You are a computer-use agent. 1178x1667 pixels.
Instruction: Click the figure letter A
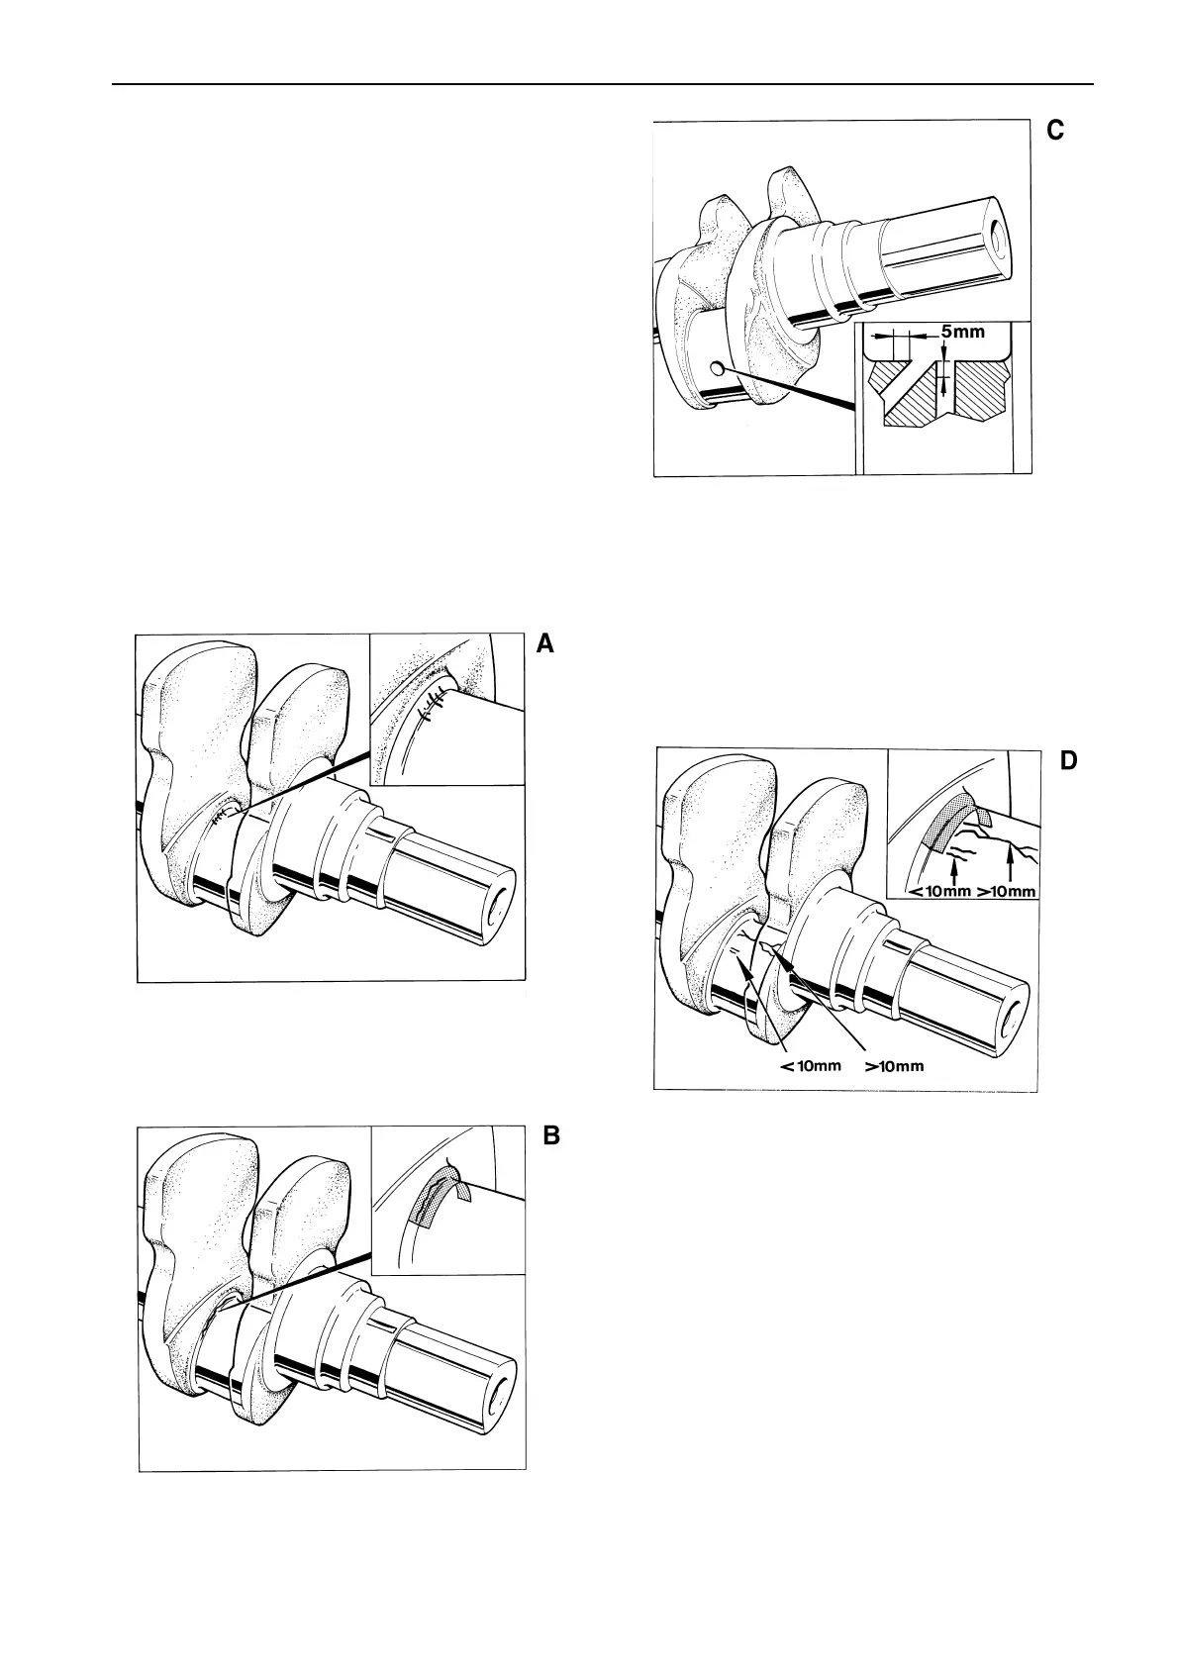pyautogui.click(x=544, y=644)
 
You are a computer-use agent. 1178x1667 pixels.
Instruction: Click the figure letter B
pyautogui.click(x=551, y=1135)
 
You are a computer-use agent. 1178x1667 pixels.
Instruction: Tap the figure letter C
pyautogui.click(x=1055, y=130)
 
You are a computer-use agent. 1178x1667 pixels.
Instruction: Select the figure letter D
pyautogui.click(x=1068, y=760)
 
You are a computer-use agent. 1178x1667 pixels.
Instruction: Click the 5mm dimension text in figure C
pyautogui.click(x=962, y=332)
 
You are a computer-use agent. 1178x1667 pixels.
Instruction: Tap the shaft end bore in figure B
pyautogui.click(x=498, y=1391)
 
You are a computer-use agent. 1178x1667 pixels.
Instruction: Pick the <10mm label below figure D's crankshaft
pyautogui.click(x=811, y=1066)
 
